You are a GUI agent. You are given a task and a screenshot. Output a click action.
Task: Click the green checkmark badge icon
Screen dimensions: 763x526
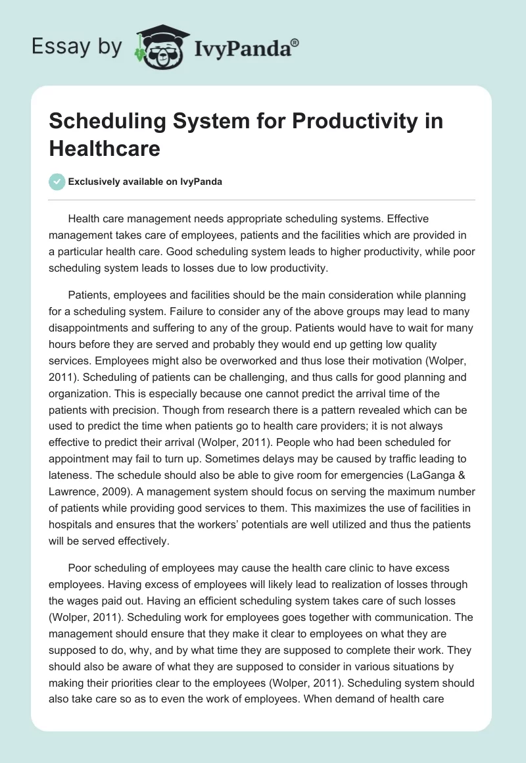(57, 182)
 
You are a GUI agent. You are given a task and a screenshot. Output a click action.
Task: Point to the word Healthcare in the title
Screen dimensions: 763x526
(105, 148)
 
